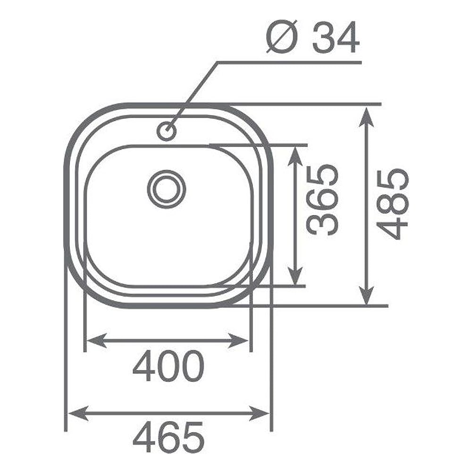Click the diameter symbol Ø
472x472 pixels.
click(x=282, y=37)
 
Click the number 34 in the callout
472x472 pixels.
click(x=336, y=37)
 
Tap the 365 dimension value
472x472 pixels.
click(x=322, y=200)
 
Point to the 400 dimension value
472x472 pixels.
click(x=169, y=366)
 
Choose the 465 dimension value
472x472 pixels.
click(x=169, y=437)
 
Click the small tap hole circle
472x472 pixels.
click(x=167, y=131)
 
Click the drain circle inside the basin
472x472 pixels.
click(x=167, y=189)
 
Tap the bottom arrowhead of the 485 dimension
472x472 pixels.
click(x=366, y=295)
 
